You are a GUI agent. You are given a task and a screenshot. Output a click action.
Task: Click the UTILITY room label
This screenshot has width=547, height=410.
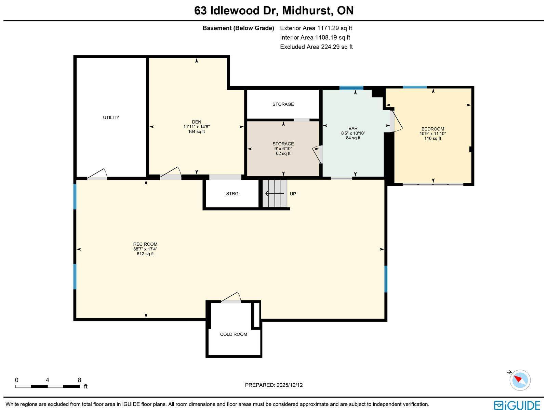coord(111,117)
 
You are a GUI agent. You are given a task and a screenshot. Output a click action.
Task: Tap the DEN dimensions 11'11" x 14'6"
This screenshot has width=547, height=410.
coord(196,127)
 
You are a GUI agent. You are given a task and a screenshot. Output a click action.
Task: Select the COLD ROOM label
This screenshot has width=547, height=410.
coord(234,334)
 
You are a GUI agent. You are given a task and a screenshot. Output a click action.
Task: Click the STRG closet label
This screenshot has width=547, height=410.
coord(232,194)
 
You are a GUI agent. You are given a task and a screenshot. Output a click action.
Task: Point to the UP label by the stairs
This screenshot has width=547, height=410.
coord(293,194)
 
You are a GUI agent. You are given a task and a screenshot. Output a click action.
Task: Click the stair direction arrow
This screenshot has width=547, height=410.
coord(276,194)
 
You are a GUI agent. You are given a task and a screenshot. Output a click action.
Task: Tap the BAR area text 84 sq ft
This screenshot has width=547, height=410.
coord(353,138)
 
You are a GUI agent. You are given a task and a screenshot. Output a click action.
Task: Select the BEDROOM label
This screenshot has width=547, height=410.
coord(433,129)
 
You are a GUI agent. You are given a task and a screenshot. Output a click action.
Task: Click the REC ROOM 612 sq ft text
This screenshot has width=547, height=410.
coord(145,254)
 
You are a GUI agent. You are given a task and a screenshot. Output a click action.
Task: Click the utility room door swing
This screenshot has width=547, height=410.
coord(98,174)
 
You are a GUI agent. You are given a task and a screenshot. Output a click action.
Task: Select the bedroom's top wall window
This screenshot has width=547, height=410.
coord(414,87)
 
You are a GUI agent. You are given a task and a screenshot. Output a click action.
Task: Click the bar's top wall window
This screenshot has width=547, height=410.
coord(351,88)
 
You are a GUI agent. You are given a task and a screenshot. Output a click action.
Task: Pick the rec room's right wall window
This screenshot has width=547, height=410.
coord(386,279)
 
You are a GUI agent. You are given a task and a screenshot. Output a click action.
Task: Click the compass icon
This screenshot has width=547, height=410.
coord(520,380)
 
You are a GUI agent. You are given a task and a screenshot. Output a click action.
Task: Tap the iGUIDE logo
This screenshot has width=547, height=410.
coord(517,405)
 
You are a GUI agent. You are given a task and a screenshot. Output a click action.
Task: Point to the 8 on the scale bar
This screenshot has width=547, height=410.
coord(79,380)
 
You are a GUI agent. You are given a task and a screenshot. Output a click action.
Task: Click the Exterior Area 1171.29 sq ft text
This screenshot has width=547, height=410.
coord(316,28)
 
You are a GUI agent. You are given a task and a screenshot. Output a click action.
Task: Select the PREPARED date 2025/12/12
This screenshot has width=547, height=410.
coord(274,385)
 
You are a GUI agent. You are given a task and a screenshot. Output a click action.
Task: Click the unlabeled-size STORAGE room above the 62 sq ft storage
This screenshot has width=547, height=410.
coord(283,104)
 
